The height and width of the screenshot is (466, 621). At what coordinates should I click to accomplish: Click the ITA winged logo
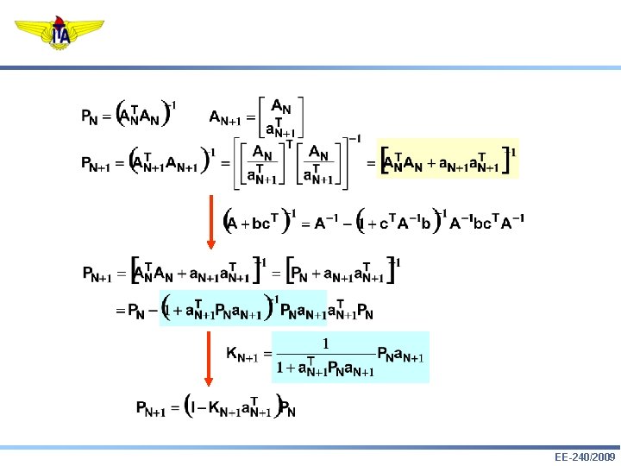pyautogui.click(x=61, y=34)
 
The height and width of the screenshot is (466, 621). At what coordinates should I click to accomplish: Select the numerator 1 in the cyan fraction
pyautogui.click(x=325, y=343)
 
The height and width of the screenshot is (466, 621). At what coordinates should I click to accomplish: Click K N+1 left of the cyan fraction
pyautogui.click(x=244, y=355)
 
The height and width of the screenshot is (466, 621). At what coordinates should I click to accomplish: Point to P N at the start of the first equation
pyautogui.click(x=89, y=116)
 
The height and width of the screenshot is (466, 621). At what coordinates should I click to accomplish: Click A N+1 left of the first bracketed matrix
pyautogui.click(x=228, y=116)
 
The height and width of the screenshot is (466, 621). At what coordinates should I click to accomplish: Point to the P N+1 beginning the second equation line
pyautogui.click(x=96, y=164)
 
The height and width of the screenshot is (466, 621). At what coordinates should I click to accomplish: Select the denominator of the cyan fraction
pyautogui.click(x=325, y=369)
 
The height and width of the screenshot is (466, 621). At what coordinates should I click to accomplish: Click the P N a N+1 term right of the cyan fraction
pyautogui.click(x=401, y=355)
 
